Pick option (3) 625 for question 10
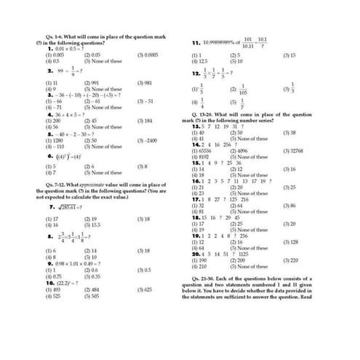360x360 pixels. click(x=145, y=289)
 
